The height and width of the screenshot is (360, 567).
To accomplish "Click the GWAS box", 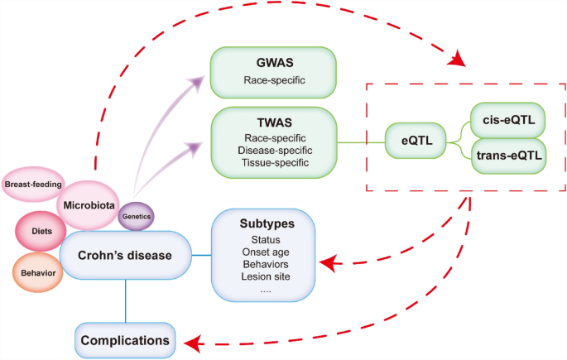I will tap(273, 71).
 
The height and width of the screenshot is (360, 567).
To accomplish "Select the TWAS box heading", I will tap(273, 120).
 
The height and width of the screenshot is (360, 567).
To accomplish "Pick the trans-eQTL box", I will tap(507, 155).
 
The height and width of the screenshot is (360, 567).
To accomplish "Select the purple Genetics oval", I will tap(135, 217).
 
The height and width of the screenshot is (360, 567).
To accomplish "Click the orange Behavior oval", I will tap(36, 271).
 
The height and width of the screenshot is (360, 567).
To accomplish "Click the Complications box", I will tap(126, 339).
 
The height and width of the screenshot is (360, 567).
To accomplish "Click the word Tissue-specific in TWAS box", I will tap(273, 163).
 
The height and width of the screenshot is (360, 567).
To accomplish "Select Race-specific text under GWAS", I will tap(273, 81).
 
